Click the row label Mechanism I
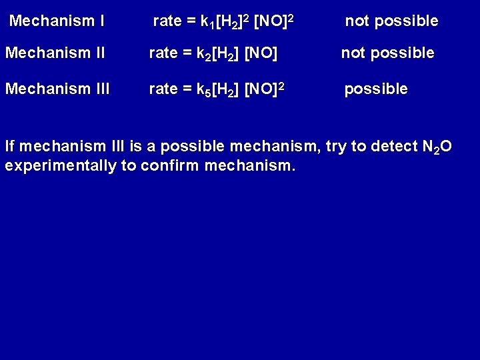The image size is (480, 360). coord(57,21)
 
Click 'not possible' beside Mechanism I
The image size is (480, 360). coord(391,21)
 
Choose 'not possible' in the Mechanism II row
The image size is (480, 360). coord(388,53)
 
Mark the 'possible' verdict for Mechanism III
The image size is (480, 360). coord(375,89)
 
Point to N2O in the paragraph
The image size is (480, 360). coord(436,147)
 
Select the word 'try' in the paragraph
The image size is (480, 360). coord(333,147)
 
